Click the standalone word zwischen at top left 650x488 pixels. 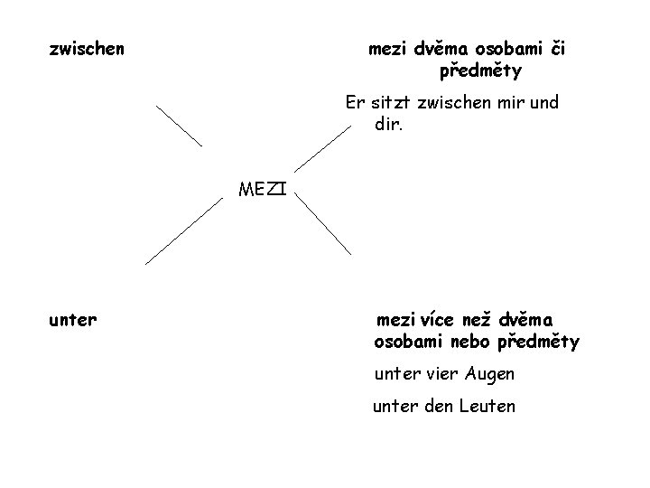point(87,46)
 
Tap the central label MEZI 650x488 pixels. point(263,189)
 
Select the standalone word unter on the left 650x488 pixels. point(73,319)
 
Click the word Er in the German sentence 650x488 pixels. point(353,102)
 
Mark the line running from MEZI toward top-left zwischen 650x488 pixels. point(179,126)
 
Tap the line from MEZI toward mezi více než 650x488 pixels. point(324,225)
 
